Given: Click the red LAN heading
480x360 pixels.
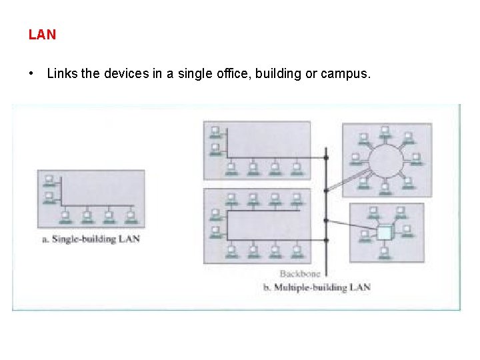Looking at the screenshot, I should pos(42,35).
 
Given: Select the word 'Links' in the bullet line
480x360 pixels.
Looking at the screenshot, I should pos(62,73).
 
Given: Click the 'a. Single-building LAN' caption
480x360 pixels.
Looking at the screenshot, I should pos(91,238).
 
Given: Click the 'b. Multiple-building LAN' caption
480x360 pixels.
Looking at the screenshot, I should pos(317,287).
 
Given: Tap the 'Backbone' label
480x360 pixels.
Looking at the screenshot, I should pos(300,273).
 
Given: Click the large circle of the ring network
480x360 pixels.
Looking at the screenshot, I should pos(387,161).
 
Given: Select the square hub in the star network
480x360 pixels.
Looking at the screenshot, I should pos(385,233).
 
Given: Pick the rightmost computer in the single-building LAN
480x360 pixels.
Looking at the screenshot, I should pos(131,217).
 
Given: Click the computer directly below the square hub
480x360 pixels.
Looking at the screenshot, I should pos(384,253).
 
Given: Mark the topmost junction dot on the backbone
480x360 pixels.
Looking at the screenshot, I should pos(326,157).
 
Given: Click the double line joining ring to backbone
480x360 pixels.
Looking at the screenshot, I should pos(348,179).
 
